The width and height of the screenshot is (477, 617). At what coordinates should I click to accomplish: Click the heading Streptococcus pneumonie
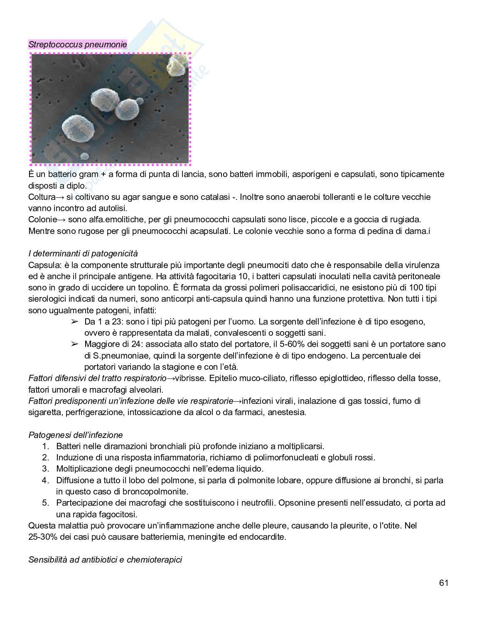pos(78,44)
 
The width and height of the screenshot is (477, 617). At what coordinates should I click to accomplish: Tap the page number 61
pos(443,583)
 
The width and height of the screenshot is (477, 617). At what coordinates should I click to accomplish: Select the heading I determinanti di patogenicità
pos(83,253)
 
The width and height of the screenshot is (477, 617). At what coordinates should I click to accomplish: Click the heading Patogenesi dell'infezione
pos(76,435)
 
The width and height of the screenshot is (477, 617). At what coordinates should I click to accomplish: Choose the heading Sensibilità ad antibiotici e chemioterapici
pos(105,560)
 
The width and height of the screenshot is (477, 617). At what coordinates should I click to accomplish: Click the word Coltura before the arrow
pos(42,197)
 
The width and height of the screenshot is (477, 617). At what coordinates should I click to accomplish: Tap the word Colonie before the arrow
pos(42,219)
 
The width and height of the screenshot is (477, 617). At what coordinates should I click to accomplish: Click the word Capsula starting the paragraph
pos(42,265)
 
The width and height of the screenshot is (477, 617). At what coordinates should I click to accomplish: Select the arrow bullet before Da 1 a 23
pos(75,322)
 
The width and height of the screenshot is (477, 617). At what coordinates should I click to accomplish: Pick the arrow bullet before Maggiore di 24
pos(75,344)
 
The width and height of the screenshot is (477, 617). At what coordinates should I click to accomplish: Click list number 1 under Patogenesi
pos(46,446)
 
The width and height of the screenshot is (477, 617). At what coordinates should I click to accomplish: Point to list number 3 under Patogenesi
pos(46,469)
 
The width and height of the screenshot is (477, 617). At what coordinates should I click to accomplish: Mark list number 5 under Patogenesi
pos(46,503)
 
